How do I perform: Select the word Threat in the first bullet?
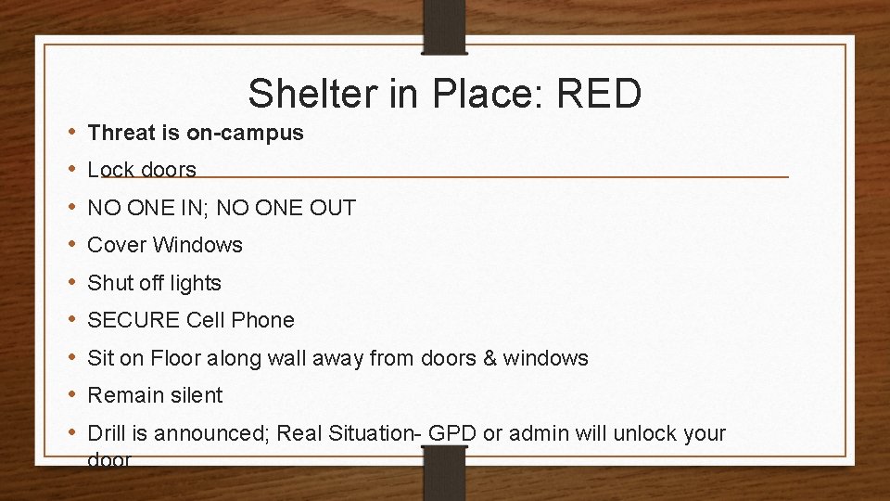[121, 133]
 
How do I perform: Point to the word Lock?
[109, 170]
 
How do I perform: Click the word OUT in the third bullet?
[334, 208]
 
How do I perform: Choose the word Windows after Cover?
[197, 245]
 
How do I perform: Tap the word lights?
[195, 283]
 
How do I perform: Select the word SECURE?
[133, 320]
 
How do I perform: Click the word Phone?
[263, 320]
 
